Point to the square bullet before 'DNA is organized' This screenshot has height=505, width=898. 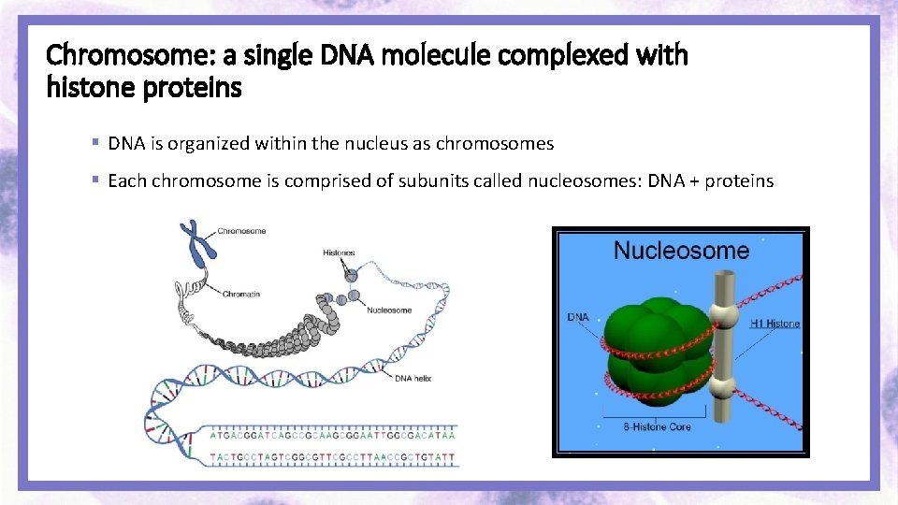pos(95,143)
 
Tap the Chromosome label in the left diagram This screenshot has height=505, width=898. pos(241,231)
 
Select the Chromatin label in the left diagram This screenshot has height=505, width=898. pos(240,295)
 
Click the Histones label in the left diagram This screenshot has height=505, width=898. pos(338,253)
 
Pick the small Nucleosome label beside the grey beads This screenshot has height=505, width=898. pos(389,310)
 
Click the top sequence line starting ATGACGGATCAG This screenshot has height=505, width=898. pos(332,435)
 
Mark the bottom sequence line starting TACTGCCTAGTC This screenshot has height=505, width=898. pos(332,457)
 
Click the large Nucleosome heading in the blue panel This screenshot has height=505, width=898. pos(681,251)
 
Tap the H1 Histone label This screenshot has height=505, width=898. pos(775,324)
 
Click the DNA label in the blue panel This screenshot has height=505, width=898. pos(578,317)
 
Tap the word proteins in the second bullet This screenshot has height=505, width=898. pos(739,180)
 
